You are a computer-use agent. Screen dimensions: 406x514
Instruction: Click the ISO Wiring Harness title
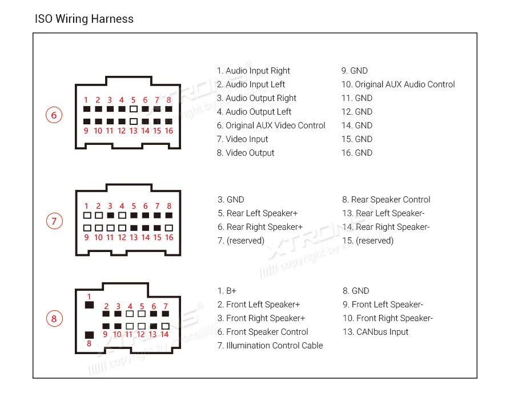[x=84, y=19]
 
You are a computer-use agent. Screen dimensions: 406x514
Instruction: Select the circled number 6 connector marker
[x=54, y=116]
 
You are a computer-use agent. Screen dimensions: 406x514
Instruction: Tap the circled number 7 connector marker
[x=54, y=221]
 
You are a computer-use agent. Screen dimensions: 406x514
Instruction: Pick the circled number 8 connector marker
[x=54, y=318]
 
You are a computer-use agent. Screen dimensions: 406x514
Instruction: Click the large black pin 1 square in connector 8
[x=89, y=305]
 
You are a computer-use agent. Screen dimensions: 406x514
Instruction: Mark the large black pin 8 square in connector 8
[x=89, y=335]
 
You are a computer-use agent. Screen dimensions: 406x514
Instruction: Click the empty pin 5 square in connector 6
[x=134, y=108]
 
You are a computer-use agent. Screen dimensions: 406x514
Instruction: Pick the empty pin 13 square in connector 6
[x=134, y=121]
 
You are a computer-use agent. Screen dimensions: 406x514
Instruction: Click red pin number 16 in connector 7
[x=169, y=238]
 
